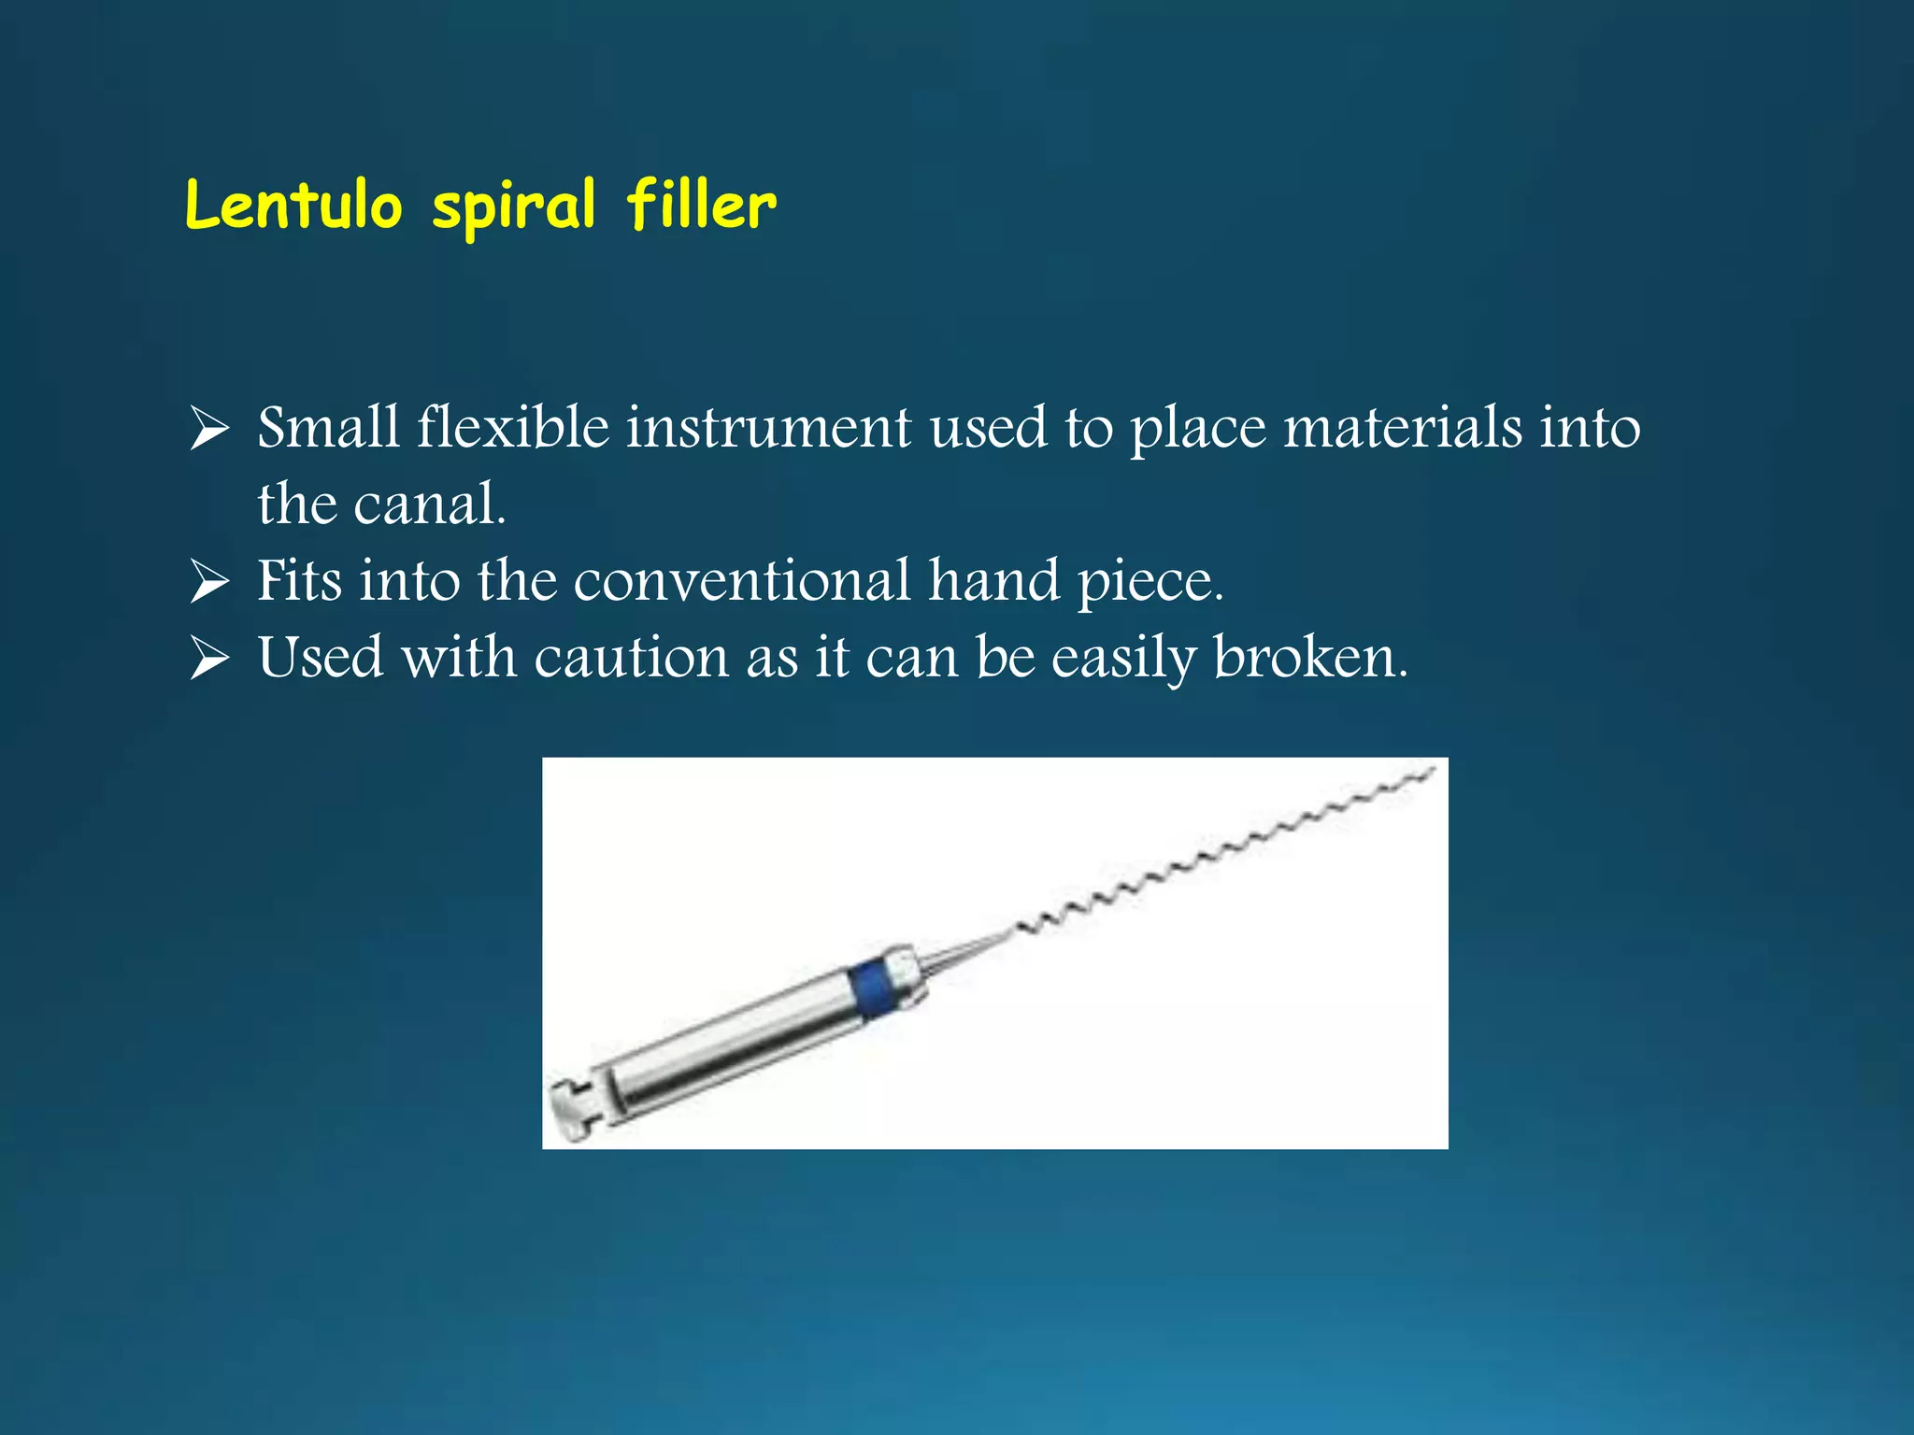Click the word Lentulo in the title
coord(293,206)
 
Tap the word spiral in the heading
coord(513,207)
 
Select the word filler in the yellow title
coord(701,206)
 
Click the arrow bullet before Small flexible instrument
coord(209,430)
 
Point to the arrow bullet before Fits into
coord(209,582)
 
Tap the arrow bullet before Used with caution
coord(209,659)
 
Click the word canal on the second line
coord(429,504)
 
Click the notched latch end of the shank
coord(572,1102)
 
